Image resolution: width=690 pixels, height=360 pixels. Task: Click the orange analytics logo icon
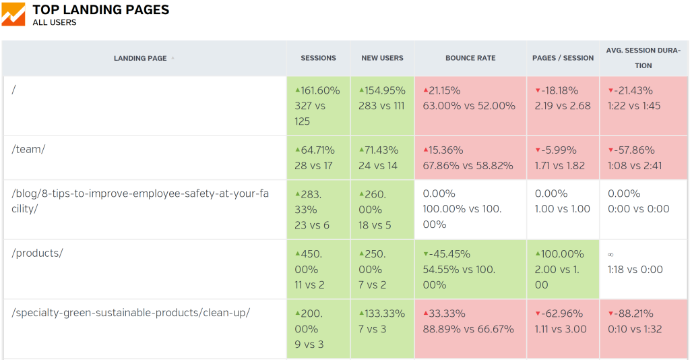click(x=13, y=14)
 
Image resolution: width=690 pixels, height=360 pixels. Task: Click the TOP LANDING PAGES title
click(x=101, y=10)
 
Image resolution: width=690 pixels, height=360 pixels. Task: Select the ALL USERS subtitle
click(x=55, y=22)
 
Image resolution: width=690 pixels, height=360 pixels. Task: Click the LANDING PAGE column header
click(x=140, y=59)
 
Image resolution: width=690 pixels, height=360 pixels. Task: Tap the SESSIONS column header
click(x=318, y=59)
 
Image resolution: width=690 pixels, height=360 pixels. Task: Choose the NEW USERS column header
click(x=382, y=59)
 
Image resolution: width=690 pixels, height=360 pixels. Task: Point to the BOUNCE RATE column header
click(x=470, y=59)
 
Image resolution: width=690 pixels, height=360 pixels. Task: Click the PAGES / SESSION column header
click(x=563, y=59)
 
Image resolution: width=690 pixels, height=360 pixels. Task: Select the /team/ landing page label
click(x=28, y=150)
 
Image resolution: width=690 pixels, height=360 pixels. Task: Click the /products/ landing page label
click(x=38, y=253)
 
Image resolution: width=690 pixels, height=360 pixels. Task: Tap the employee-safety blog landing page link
click(x=140, y=201)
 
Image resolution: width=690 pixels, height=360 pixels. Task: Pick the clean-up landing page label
click(x=131, y=313)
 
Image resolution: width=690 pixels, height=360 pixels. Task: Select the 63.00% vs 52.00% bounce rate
click(x=469, y=106)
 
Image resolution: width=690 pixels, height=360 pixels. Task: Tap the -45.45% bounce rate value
click(x=449, y=254)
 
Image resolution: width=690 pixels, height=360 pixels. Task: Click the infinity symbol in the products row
click(x=610, y=254)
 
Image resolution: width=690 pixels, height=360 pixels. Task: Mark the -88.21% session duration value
click(x=633, y=313)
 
